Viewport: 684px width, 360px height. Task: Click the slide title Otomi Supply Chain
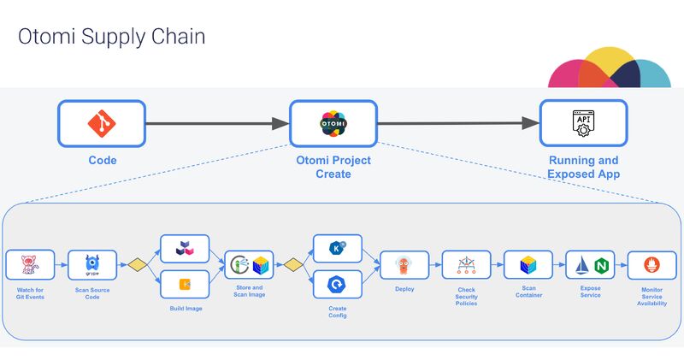coord(112,38)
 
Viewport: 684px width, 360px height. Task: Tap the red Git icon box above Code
coord(102,124)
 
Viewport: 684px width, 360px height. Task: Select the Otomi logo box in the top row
coord(333,124)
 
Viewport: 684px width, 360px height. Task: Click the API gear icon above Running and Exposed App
coord(583,124)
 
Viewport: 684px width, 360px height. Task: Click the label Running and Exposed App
coord(583,168)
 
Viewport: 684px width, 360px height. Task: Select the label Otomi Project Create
coord(333,168)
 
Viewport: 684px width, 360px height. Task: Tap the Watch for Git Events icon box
coord(30,265)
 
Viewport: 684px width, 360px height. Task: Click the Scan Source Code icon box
coord(92,265)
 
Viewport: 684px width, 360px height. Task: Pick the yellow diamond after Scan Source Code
coord(133,265)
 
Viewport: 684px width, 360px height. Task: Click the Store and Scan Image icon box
coord(250,265)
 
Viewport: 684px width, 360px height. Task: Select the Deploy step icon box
coord(404,265)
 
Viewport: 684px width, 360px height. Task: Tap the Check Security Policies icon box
coord(466,265)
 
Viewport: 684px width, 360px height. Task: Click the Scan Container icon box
coord(528,265)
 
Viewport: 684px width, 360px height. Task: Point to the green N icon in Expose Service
coord(601,266)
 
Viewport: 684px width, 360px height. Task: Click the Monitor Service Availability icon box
coord(652,265)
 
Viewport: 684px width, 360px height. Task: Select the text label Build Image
coord(186,308)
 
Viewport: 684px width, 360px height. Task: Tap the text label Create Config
coord(338,310)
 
